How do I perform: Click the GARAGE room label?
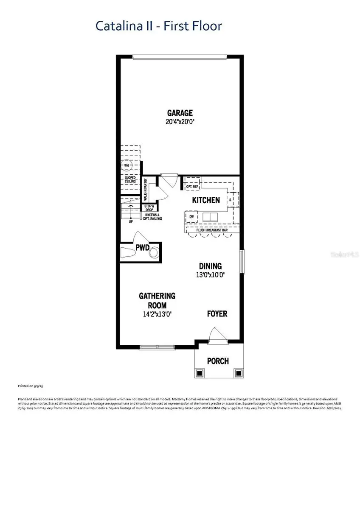click(x=180, y=113)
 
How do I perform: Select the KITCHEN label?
click(x=206, y=200)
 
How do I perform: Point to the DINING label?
click(x=211, y=266)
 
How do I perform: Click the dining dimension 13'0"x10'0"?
click(x=211, y=275)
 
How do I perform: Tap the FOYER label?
click(x=217, y=314)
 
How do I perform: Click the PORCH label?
click(x=218, y=361)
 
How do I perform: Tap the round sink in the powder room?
click(x=154, y=253)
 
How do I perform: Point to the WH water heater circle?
click(x=127, y=165)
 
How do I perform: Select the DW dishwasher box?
click(x=191, y=217)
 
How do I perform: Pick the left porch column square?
click(x=199, y=373)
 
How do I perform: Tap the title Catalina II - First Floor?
click(x=158, y=26)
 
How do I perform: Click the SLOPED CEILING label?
click(x=130, y=179)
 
